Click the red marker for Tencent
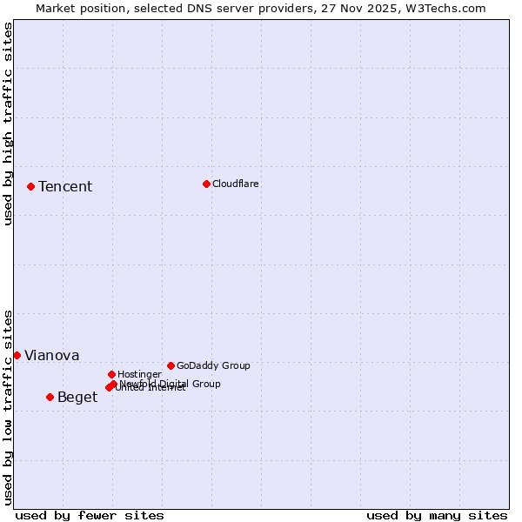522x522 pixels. point(30,186)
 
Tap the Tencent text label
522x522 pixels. point(65,187)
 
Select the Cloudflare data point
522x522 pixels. point(206,184)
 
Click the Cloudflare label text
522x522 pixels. point(235,184)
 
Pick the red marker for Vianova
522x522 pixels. point(17,355)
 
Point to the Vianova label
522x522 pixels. point(51,356)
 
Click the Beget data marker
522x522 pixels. point(50,397)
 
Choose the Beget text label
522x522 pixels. point(77,398)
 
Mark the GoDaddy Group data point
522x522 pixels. point(171,365)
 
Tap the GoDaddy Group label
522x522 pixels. point(213,365)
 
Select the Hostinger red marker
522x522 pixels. point(111,374)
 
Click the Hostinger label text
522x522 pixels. point(139,374)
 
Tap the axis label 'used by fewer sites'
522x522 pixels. point(90,515)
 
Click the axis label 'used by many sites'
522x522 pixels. point(437,515)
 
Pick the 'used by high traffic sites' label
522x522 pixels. point(8,124)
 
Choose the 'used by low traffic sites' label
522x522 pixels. point(8,406)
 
